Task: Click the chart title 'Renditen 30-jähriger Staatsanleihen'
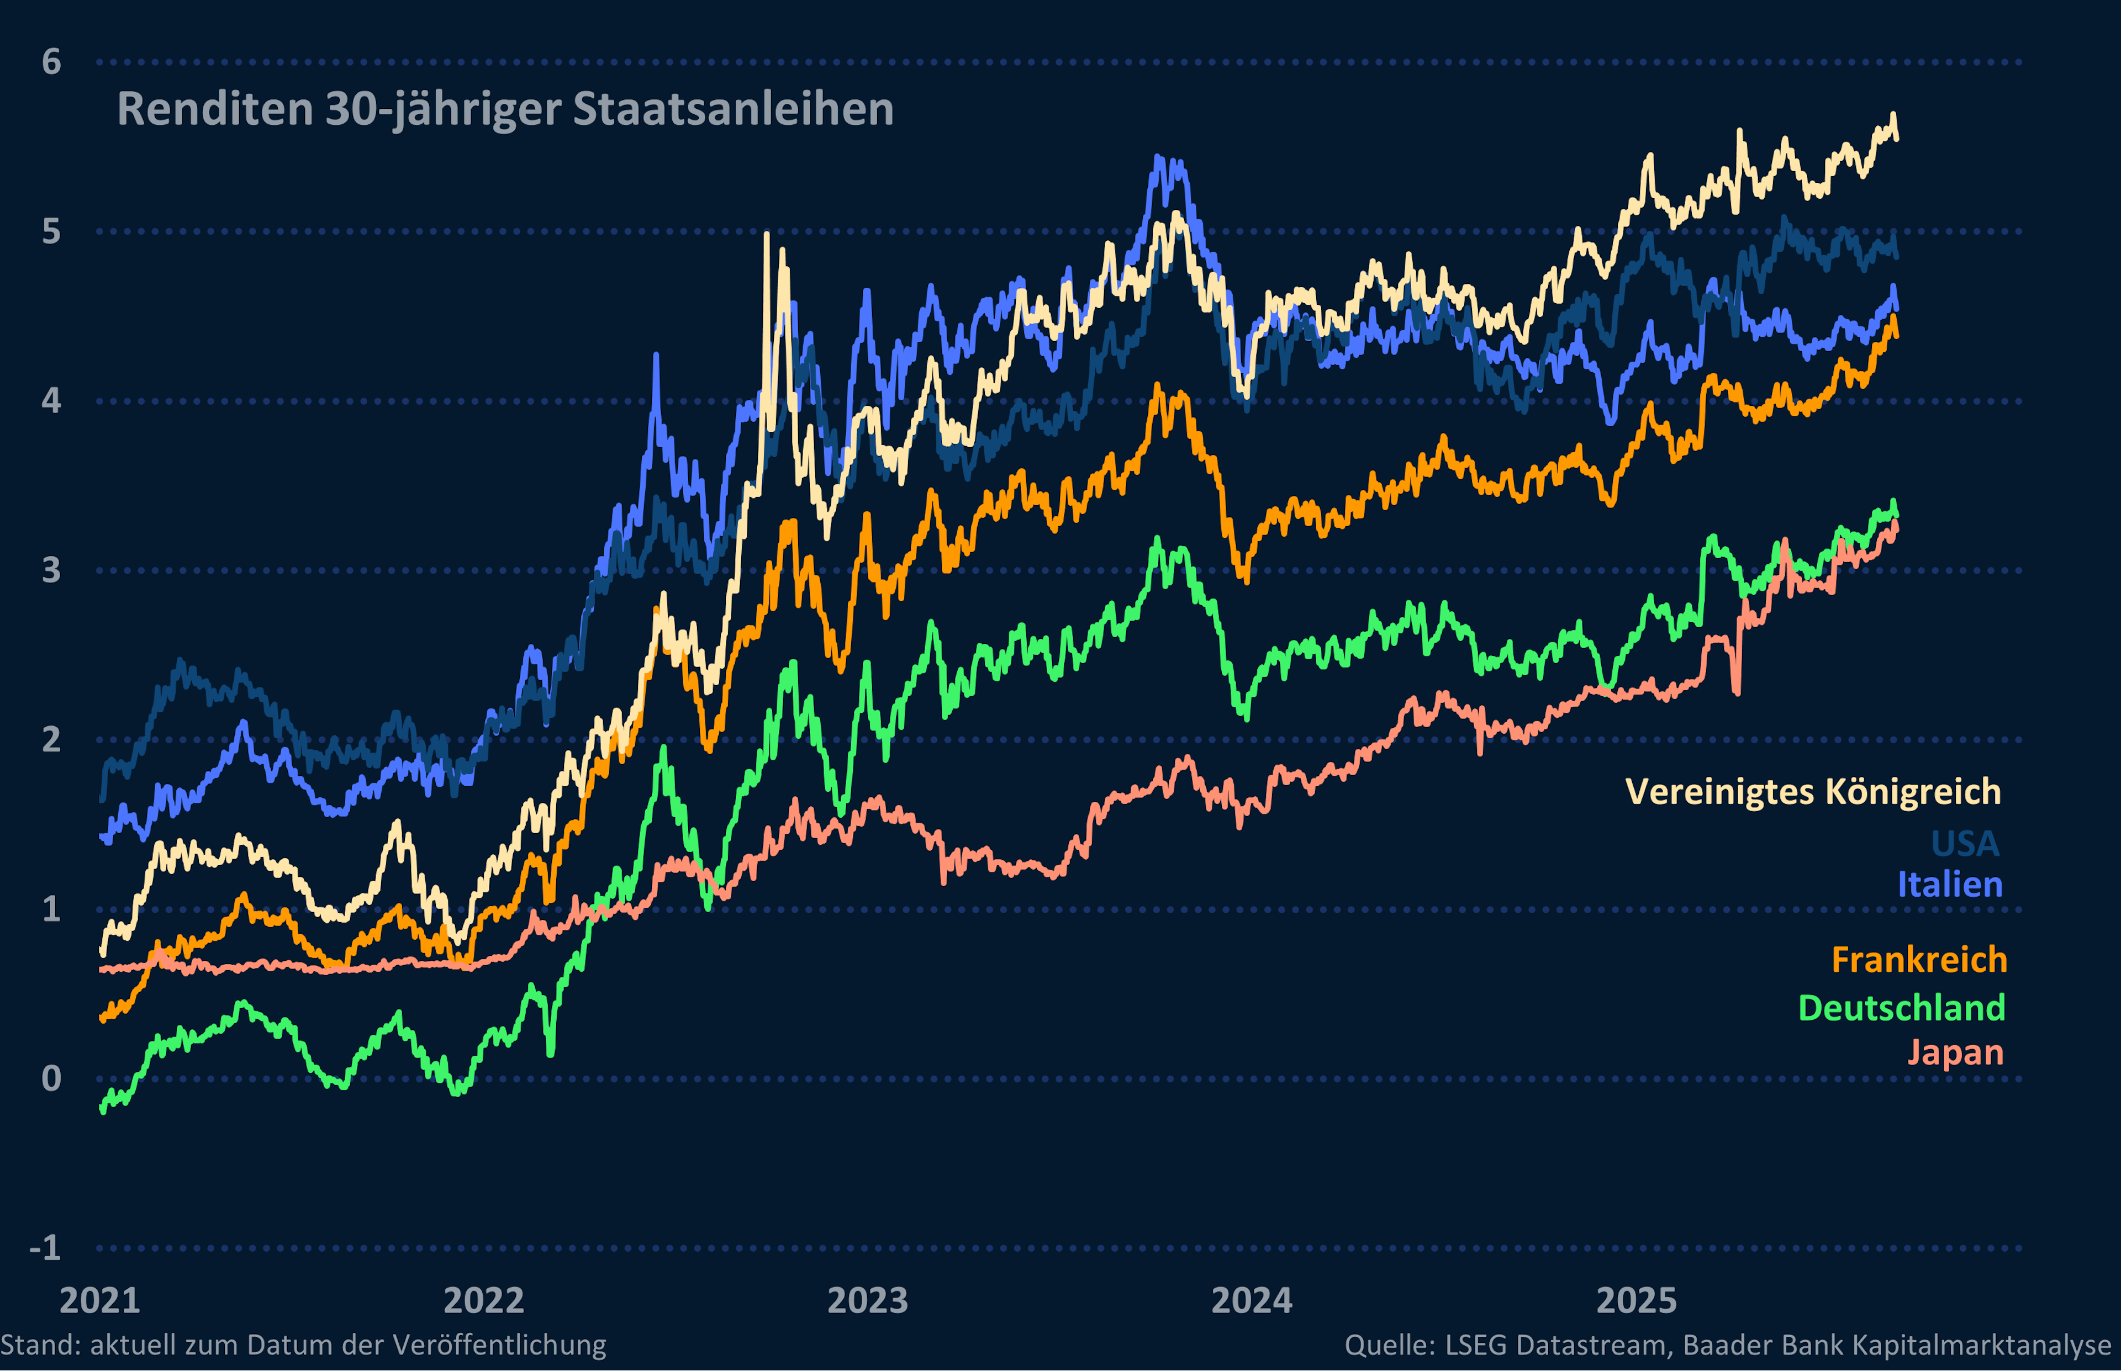[x=505, y=109]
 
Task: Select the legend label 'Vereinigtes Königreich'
[x=1813, y=791]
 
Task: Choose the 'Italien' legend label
[x=1949, y=885]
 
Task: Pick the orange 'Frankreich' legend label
[x=1919, y=960]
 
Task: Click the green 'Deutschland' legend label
[x=1901, y=1008]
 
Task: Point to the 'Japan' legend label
[x=1955, y=1052]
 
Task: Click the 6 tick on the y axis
[x=52, y=62]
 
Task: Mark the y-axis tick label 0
[x=52, y=1078]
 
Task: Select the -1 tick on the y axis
[x=45, y=1247]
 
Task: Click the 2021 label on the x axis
[x=100, y=1301]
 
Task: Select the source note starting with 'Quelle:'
[x=1727, y=1345]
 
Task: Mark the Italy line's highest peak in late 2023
[x=1158, y=158]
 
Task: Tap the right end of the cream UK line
[x=1897, y=135]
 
